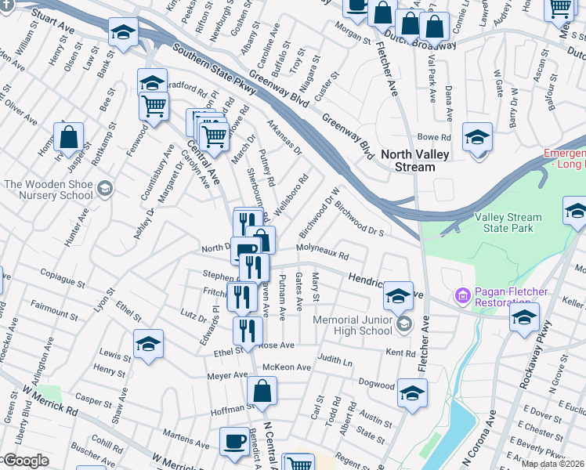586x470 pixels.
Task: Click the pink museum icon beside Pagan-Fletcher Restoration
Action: (462, 296)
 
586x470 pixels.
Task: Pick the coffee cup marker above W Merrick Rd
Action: (233, 442)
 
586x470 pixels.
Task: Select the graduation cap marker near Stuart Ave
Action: (121, 34)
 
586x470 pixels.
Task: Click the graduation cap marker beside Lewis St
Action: (147, 345)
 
